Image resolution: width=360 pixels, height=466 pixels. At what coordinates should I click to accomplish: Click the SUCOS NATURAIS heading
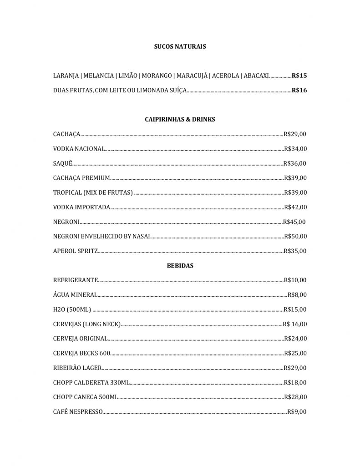click(x=180, y=46)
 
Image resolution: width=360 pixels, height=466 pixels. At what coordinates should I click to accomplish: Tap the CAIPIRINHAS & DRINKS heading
click(x=180, y=119)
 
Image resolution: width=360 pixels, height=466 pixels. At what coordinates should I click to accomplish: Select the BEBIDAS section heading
click(x=180, y=266)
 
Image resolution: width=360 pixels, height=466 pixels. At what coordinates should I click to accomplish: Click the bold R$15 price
click(x=299, y=76)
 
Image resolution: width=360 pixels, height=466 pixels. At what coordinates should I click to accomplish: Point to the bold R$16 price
click(x=299, y=90)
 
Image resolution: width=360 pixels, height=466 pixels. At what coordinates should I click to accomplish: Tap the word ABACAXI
click(x=256, y=76)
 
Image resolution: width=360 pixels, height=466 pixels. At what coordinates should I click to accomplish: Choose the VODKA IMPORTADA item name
click(x=81, y=207)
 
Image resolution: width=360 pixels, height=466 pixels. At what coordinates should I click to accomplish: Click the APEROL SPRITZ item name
click(x=75, y=251)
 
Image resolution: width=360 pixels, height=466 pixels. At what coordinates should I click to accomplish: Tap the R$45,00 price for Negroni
click(x=294, y=222)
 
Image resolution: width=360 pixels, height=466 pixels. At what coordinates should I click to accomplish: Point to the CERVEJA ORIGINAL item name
click(x=80, y=339)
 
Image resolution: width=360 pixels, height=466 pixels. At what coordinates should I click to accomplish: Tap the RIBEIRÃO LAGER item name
click(x=77, y=368)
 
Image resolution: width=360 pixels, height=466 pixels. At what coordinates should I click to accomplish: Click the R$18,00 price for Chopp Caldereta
click(x=295, y=382)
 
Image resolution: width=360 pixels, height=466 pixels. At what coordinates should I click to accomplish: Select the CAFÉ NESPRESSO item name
click(x=78, y=412)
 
